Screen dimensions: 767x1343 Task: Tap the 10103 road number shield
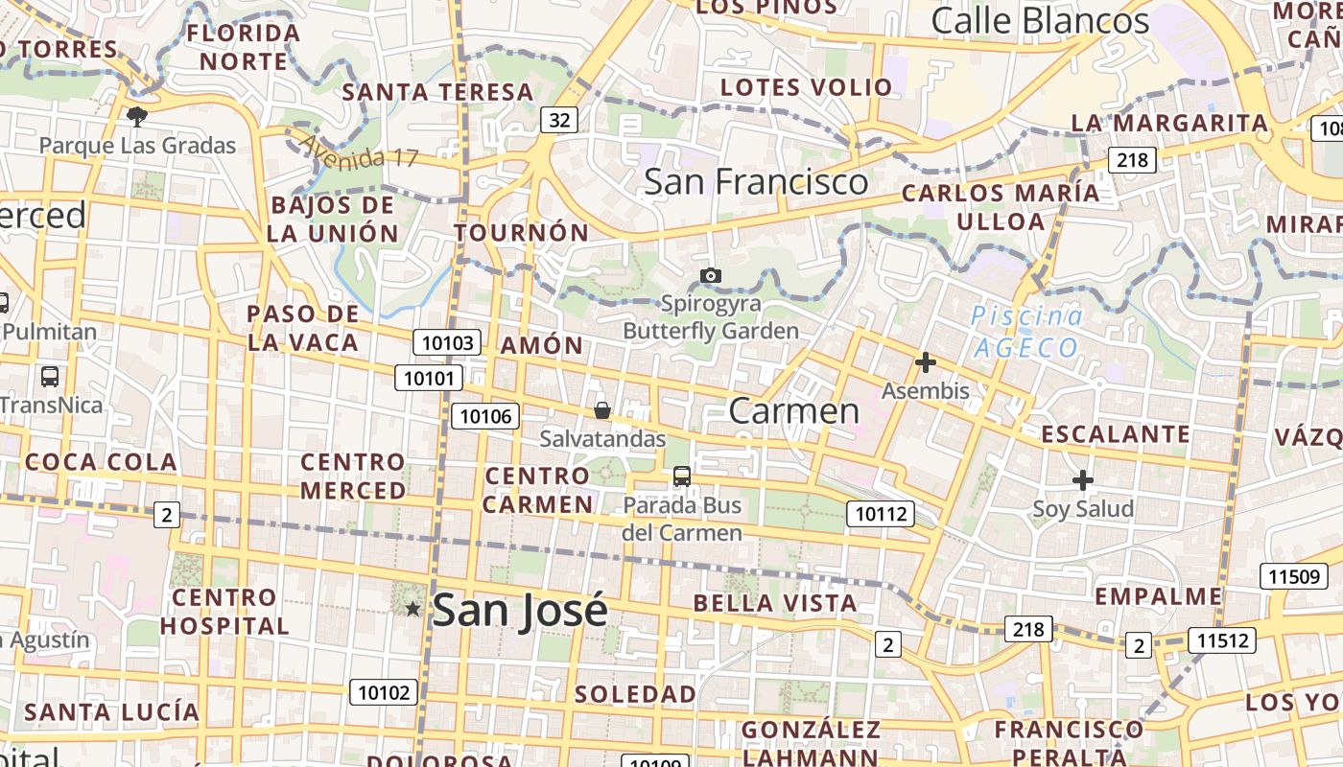tap(446, 343)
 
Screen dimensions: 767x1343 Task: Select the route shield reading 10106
tap(485, 416)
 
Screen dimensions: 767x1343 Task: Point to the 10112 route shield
tap(880, 515)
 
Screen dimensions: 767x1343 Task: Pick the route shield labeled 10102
tap(384, 692)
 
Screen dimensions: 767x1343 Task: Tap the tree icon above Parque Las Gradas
tap(137, 117)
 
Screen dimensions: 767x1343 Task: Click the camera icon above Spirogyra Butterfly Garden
tap(711, 276)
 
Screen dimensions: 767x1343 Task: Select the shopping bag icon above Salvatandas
tap(602, 410)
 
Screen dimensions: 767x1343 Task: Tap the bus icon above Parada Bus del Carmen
tap(682, 476)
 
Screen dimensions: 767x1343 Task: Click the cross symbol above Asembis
tap(925, 362)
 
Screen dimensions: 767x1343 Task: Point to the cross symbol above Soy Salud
tap(1083, 479)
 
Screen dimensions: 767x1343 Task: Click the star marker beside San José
tap(413, 609)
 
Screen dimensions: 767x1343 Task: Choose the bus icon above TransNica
tap(50, 376)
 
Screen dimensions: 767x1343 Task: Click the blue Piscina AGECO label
tap(1026, 332)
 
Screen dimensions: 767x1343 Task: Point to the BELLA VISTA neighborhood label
tap(774, 603)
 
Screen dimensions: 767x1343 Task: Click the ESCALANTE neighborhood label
tap(1115, 434)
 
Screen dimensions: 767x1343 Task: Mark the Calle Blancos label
tap(1040, 20)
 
